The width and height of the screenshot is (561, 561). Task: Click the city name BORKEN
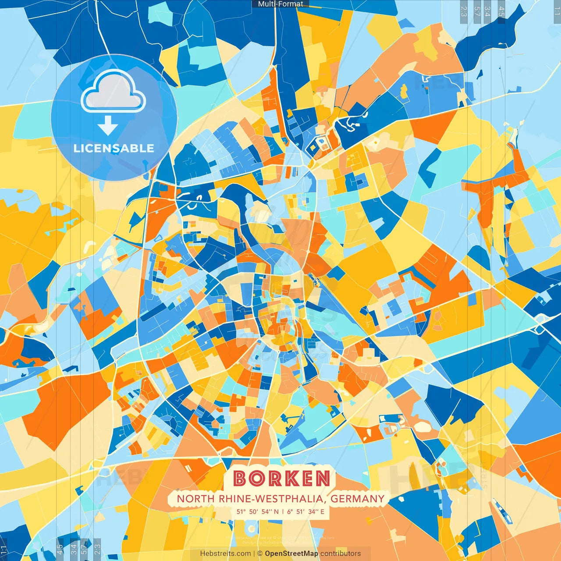[x=281, y=479]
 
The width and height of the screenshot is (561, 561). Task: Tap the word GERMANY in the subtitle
[x=357, y=499]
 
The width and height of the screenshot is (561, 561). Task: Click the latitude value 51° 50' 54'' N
[x=257, y=511]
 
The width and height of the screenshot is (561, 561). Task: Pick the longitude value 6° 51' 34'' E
[x=306, y=511]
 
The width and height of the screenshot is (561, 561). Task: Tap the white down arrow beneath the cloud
[x=108, y=126]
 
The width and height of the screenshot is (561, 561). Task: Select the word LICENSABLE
[x=114, y=148]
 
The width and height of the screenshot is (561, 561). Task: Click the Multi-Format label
[x=280, y=4]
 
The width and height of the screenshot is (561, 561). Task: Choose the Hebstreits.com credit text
[x=225, y=554]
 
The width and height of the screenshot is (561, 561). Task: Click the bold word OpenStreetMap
[x=291, y=554]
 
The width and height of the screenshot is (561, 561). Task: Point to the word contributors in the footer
[x=341, y=554]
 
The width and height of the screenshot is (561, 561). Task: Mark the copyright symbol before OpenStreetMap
[x=260, y=554]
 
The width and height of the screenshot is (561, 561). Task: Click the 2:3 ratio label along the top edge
[x=464, y=11]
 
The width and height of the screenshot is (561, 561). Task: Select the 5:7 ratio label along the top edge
[x=477, y=11]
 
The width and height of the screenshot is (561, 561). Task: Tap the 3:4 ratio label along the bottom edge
[x=74, y=548]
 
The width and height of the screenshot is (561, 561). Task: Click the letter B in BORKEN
[x=240, y=479]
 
